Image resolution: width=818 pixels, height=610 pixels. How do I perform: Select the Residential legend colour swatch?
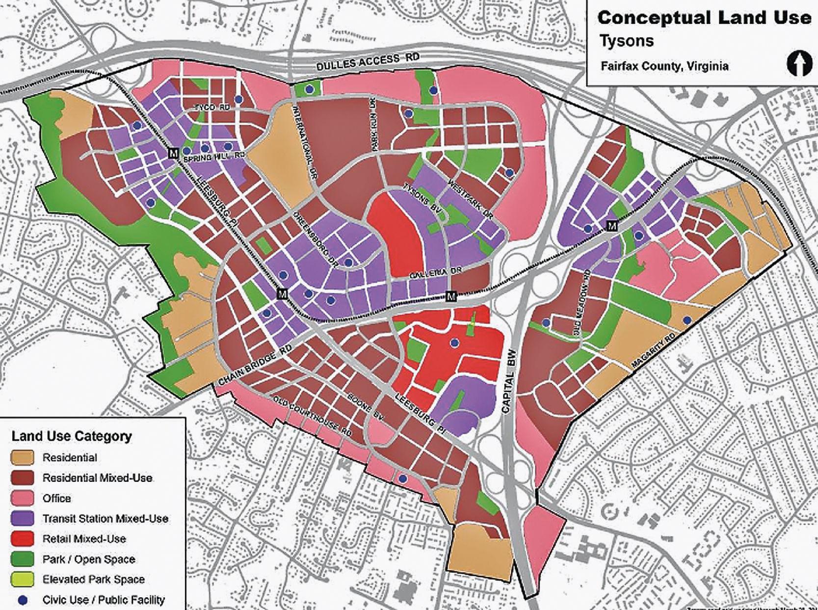(x=22, y=457)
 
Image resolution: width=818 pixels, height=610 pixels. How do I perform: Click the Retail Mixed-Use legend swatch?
(x=22, y=538)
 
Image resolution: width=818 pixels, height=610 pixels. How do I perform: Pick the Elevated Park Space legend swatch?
(x=22, y=579)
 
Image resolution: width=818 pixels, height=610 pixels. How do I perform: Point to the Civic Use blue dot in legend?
(x=22, y=600)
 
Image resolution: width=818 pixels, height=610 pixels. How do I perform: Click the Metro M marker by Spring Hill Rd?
(x=173, y=153)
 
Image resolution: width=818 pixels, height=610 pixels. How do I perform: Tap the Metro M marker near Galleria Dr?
(x=451, y=296)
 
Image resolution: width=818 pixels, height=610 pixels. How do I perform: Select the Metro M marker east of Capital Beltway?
(x=611, y=226)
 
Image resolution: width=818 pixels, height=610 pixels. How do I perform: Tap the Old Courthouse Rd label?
(x=313, y=417)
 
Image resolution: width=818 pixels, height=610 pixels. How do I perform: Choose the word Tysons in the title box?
(x=626, y=41)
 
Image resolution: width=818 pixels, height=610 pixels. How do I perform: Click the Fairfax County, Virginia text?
(x=664, y=66)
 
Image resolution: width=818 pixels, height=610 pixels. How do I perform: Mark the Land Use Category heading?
(x=72, y=436)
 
